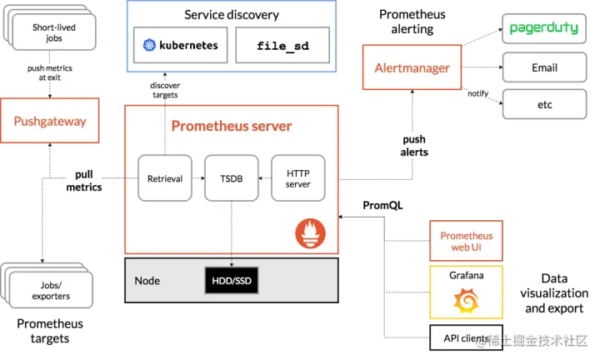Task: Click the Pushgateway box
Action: (50, 121)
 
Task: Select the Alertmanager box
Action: (412, 67)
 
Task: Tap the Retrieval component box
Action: (165, 178)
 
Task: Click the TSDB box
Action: (232, 178)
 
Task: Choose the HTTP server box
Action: (298, 178)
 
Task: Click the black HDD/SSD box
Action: (232, 281)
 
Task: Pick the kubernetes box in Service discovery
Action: (180, 45)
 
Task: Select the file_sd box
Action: (282, 45)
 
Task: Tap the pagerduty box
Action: (544, 28)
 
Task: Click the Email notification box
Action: (544, 67)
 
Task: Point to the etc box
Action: (544, 104)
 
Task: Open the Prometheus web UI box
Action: (466, 241)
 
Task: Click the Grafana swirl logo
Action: (466, 300)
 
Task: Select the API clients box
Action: (466, 337)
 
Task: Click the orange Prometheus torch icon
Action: (310, 233)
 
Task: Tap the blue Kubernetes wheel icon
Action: (149, 45)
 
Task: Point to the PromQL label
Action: (382, 206)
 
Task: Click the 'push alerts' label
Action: (414, 146)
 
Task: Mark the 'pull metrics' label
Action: (84, 181)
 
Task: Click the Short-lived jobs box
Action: (54, 32)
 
